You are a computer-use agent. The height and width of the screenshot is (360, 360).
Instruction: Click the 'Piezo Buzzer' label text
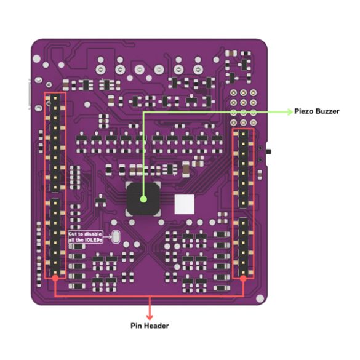click(x=316, y=111)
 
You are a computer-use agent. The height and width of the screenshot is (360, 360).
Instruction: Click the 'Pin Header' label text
click(x=150, y=326)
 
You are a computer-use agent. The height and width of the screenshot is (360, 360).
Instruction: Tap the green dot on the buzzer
click(x=143, y=199)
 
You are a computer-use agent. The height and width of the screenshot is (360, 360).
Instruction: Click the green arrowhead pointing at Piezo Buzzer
click(x=289, y=112)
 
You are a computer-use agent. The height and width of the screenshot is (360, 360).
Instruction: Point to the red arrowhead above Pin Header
click(x=150, y=317)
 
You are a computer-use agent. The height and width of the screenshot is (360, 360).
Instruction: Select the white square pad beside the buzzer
click(x=185, y=204)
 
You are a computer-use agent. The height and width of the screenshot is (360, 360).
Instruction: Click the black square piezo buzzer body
click(x=143, y=199)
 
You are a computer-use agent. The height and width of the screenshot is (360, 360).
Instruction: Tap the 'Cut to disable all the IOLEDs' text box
click(x=86, y=237)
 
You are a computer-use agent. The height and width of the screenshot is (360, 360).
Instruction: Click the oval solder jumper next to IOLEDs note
click(x=116, y=237)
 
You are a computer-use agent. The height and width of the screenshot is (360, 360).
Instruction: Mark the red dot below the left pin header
click(x=55, y=278)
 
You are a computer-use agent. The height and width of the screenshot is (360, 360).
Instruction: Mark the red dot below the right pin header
click(x=243, y=279)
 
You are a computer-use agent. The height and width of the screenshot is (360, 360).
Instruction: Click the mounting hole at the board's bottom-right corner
click(x=260, y=298)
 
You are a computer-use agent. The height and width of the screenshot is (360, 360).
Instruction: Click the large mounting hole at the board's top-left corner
click(x=37, y=59)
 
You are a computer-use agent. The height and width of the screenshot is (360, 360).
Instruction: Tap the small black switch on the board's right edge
click(x=268, y=151)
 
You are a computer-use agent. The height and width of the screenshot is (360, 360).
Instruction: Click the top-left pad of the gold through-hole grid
click(x=233, y=93)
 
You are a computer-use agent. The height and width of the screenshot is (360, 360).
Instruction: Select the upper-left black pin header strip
click(x=55, y=142)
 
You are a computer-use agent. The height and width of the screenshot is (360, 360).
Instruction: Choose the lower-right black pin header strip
click(x=243, y=247)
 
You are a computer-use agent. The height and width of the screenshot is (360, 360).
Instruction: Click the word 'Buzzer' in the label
click(x=327, y=111)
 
